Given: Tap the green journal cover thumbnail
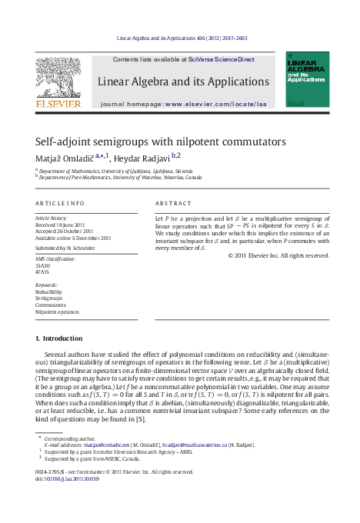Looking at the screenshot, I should click(x=307, y=79).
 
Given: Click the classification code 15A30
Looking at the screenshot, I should click(x=43, y=265).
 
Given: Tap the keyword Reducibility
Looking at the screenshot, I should click(x=48, y=292).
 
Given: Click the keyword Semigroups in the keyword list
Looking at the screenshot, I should click(x=48, y=299).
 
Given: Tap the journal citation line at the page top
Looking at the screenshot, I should click(x=180, y=37).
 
